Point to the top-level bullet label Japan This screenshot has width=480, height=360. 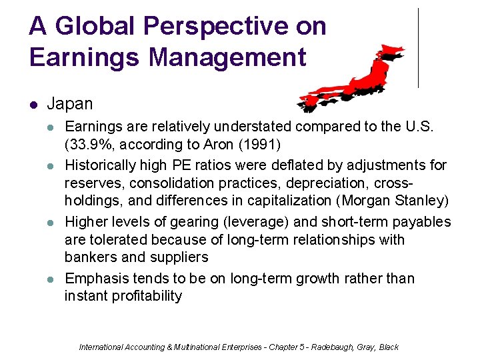pos(70,105)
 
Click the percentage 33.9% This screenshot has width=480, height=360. pos(90,145)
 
